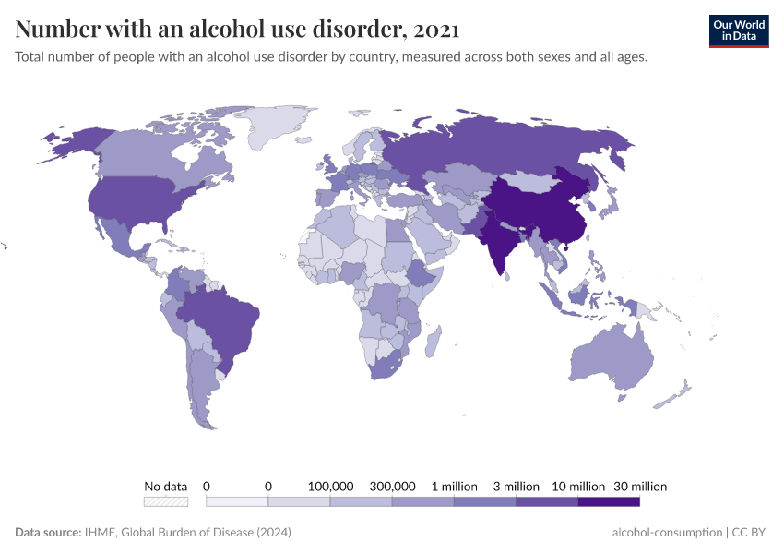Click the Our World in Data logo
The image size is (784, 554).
[738, 30]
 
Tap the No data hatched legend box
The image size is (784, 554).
[166, 501]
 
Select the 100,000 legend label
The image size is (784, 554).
[330, 486]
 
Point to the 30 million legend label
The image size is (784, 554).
[639, 486]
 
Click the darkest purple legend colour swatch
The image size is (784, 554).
[609, 501]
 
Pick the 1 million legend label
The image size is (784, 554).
[454, 486]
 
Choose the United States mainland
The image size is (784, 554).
[138, 199]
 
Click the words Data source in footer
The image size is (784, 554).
[47, 533]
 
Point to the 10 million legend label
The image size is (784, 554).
[578, 486]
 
